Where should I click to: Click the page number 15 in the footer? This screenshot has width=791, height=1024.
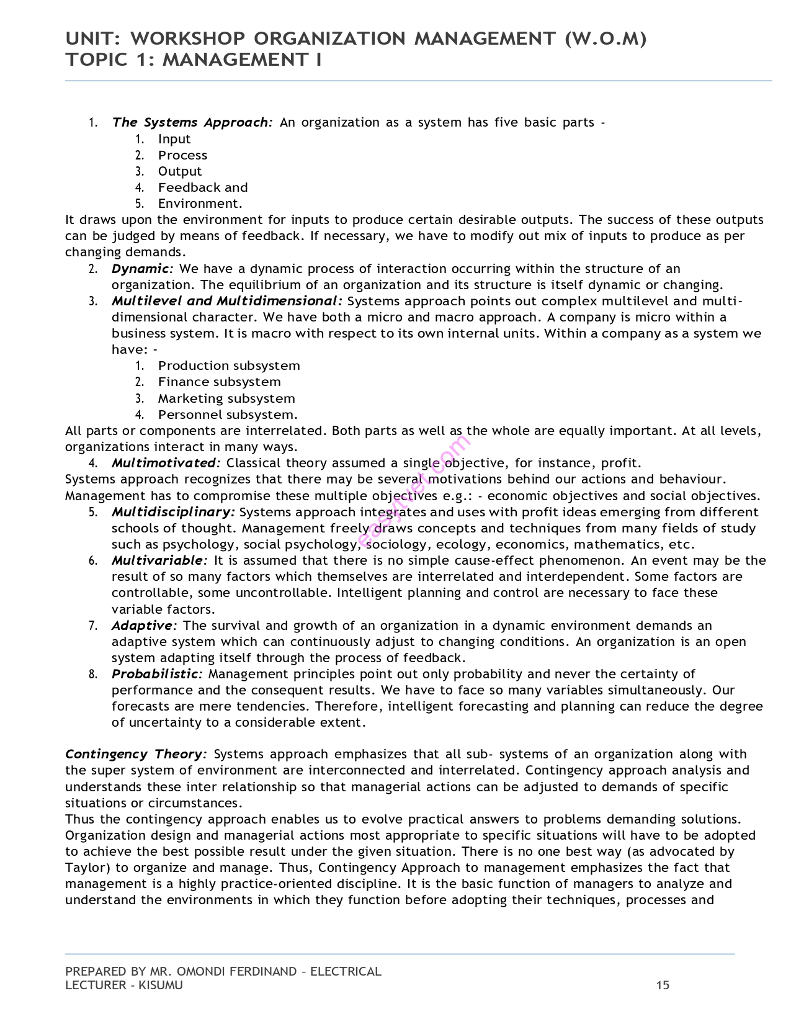[x=663, y=985]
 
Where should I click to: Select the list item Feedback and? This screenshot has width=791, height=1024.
[x=202, y=187]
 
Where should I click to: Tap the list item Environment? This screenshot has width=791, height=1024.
[x=200, y=204]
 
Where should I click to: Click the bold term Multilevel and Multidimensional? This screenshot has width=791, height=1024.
[x=226, y=301]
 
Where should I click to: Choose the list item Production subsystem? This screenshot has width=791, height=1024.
[x=228, y=366]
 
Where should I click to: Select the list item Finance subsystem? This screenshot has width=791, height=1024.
[x=219, y=382]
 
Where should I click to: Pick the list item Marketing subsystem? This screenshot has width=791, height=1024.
[x=226, y=398]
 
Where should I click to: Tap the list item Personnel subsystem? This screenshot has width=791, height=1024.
[x=228, y=415]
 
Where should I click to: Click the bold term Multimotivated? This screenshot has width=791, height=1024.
[x=165, y=463]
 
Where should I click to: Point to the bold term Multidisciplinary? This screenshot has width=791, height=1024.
[x=173, y=512]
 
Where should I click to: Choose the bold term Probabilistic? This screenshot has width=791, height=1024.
[x=157, y=674]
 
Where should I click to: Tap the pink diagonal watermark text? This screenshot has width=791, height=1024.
[x=414, y=490]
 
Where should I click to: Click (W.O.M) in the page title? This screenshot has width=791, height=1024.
[x=606, y=38]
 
